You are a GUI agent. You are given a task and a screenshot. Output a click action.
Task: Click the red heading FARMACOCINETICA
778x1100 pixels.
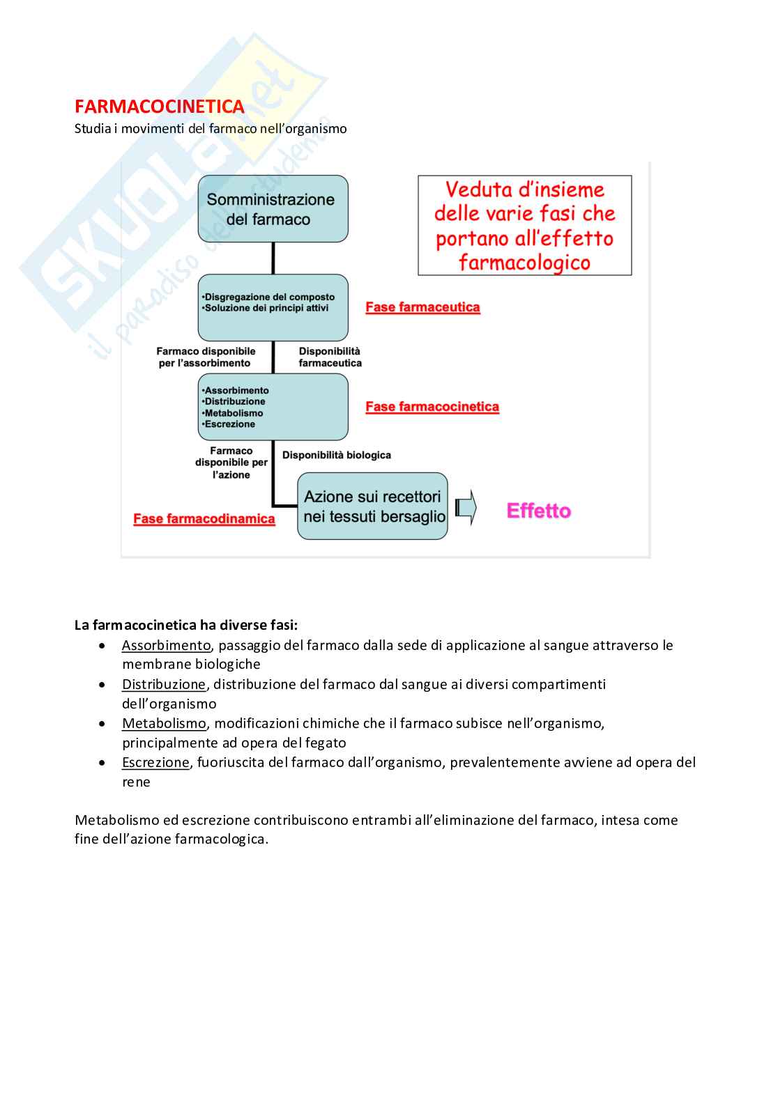(160, 107)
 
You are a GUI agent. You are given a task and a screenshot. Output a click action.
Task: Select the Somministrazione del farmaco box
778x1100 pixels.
(273, 209)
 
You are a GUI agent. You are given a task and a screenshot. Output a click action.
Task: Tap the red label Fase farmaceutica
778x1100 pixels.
(422, 307)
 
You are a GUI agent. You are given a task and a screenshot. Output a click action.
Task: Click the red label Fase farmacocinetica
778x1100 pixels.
(432, 407)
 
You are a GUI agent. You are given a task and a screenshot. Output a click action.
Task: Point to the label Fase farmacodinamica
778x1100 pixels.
(204, 519)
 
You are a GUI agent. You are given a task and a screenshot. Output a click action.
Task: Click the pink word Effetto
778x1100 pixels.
(538, 511)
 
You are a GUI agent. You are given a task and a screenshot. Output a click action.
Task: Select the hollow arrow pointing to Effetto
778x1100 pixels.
(466, 508)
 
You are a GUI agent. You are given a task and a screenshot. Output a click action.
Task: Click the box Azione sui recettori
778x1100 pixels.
(372, 506)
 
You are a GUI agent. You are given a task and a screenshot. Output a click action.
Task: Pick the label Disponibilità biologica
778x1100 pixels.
(337, 455)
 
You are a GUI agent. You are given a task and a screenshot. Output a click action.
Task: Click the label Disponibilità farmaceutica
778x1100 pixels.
(330, 357)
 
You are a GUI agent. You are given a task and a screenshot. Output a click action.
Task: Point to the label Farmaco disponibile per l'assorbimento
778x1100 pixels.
(206, 357)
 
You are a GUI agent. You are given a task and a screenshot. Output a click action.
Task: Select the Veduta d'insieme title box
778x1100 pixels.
(524, 226)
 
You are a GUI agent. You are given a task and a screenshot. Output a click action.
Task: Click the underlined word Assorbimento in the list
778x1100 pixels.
(166, 646)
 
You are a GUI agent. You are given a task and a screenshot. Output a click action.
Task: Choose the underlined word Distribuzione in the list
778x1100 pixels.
(164, 685)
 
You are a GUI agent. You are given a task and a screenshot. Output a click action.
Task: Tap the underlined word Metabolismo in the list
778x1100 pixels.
(165, 724)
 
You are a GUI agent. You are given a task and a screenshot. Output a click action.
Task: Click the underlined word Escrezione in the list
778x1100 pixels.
(155, 763)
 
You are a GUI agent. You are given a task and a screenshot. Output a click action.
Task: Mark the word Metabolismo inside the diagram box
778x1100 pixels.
(234, 413)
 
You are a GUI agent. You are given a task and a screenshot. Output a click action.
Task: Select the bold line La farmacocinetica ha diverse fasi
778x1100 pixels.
(186, 625)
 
